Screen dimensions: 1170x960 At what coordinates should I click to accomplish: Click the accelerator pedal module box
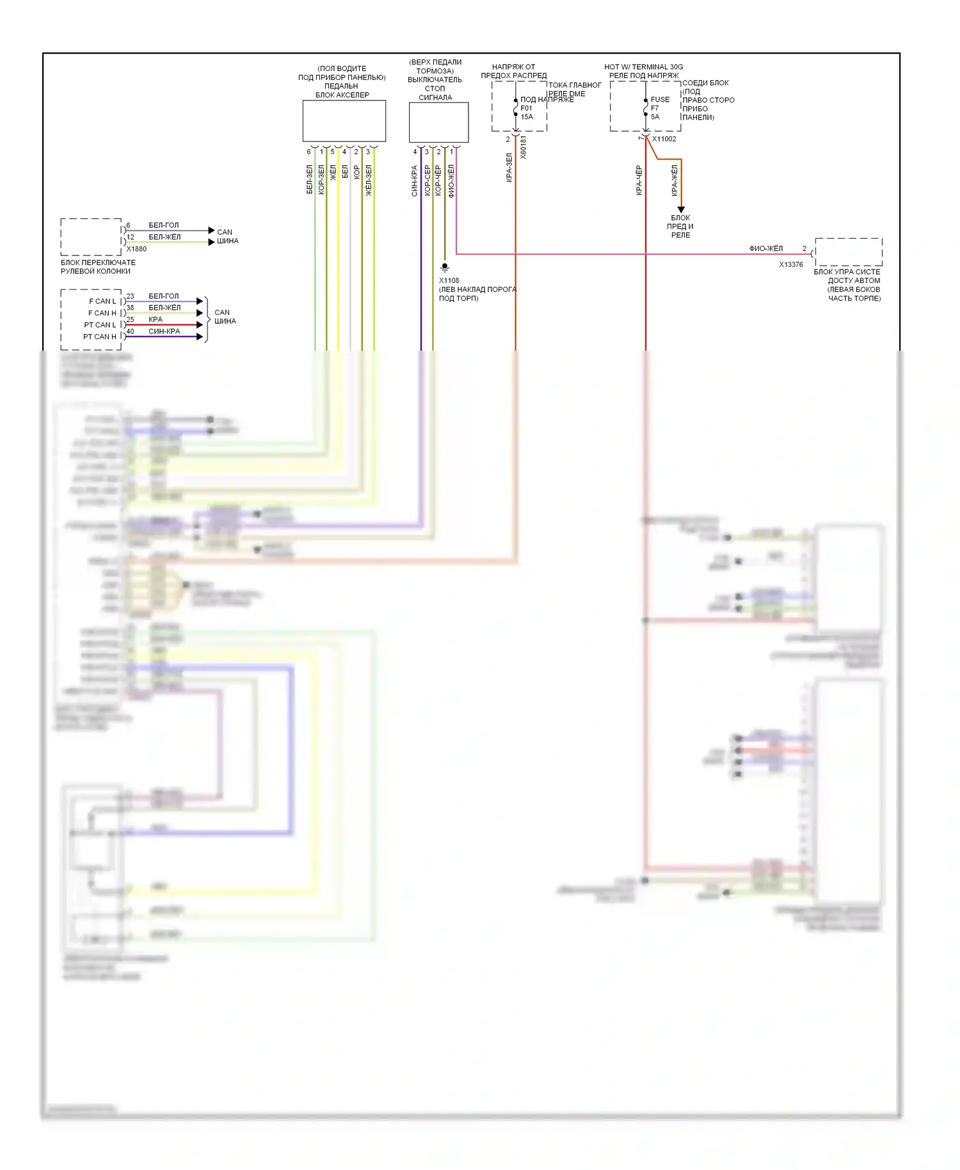click(344, 121)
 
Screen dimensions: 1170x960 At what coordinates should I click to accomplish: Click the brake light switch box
click(438, 122)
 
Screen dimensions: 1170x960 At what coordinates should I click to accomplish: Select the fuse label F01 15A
click(527, 113)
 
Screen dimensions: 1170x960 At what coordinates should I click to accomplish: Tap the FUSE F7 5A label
click(659, 108)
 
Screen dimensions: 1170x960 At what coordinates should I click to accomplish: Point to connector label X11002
click(664, 139)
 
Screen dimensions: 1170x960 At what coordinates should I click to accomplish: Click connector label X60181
click(524, 147)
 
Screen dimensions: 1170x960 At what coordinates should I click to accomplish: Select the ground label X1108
click(449, 280)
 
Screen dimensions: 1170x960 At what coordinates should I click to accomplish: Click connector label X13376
click(790, 264)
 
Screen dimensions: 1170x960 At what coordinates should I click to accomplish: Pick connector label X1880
click(136, 249)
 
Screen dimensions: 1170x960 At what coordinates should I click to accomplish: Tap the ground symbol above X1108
click(445, 268)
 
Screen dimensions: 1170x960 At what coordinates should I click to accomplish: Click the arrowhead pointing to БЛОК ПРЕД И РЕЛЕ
click(681, 209)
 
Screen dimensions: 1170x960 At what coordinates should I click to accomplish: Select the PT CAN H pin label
click(100, 337)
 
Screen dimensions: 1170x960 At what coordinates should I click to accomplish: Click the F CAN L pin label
click(102, 301)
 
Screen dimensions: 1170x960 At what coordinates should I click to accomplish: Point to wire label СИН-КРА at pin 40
click(164, 332)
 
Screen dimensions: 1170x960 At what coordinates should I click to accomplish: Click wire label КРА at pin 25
click(156, 319)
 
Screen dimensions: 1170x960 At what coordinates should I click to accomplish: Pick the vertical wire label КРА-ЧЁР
click(639, 180)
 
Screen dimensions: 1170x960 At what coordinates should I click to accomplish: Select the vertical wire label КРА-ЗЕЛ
click(509, 168)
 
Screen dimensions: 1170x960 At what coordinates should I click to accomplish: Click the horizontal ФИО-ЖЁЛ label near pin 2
click(765, 248)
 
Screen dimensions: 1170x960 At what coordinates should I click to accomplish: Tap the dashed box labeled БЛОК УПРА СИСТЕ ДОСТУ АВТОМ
click(848, 252)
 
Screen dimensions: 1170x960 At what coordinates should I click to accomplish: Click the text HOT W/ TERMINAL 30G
click(643, 67)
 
